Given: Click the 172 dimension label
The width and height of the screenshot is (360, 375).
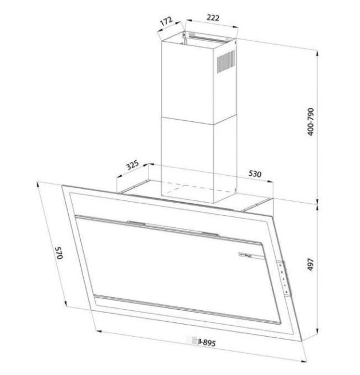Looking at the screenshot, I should (166, 21).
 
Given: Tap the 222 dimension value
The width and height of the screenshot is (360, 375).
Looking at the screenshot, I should (213, 18).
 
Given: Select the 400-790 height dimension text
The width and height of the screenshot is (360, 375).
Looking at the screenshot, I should (311, 122).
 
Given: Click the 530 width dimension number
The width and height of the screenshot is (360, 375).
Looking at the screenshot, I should (255, 173).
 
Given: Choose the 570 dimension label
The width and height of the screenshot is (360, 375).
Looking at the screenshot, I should (58, 253).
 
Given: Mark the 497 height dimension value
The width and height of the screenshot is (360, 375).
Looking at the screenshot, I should (311, 265).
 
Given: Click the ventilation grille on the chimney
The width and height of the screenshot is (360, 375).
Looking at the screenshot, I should (226, 62).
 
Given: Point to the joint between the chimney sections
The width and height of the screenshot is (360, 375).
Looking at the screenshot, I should (198, 120).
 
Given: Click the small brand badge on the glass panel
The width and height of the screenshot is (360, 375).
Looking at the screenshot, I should (247, 254).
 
